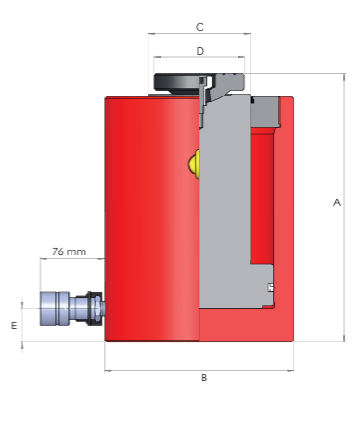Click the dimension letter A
pyautogui.click(x=337, y=202)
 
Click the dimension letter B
pyautogui.click(x=204, y=378)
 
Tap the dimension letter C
pyautogui.click(x=199, y=27)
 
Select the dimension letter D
pyautogui.click(x=200, y=51)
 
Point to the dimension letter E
pyautogui.click(x=14, y=326)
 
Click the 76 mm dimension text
pyautogui.click(x=69, y=251)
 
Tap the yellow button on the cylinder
pyautogui.click(x=194, y=164)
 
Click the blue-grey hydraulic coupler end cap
pyautogui.click(x=54, y=308)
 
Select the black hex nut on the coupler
pyautogui.click(x=96, y=308)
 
